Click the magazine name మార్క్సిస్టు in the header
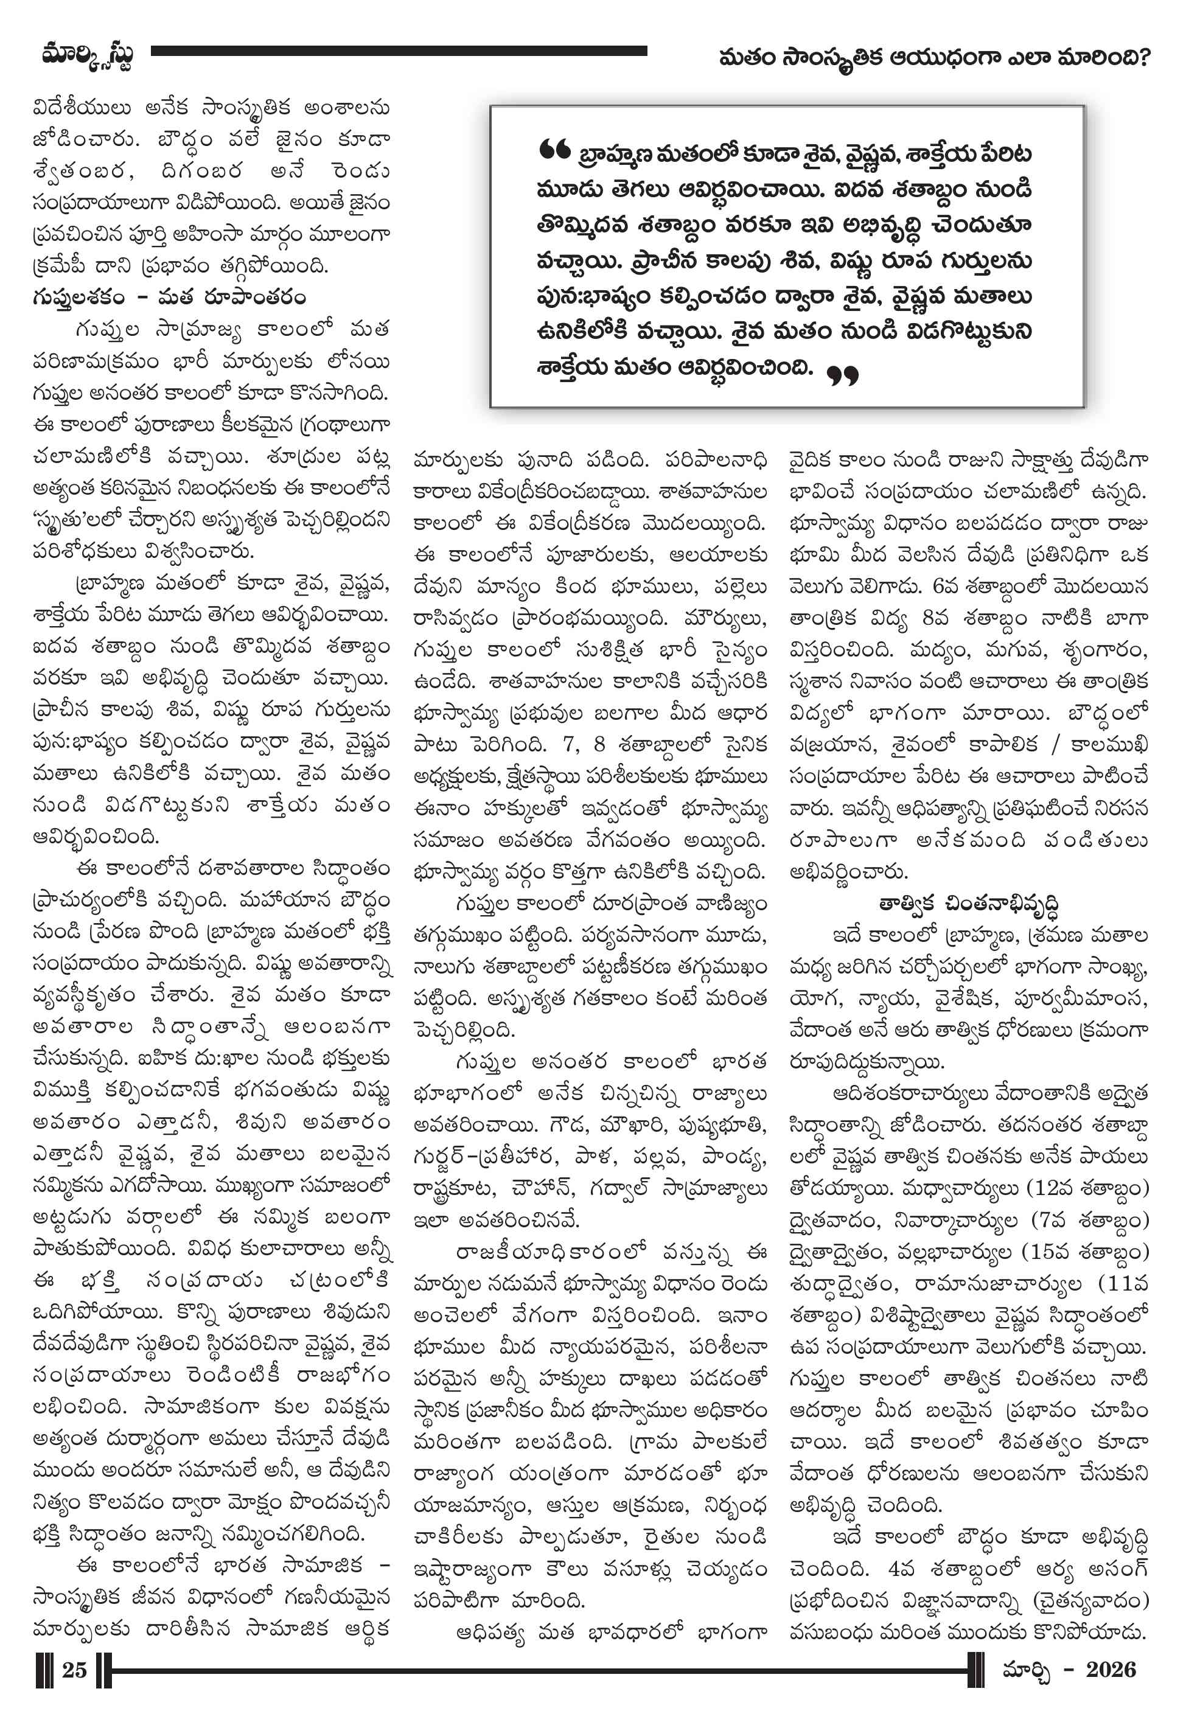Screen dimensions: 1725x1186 (88, 56)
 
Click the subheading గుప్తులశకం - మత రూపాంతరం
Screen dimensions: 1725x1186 (169, 297)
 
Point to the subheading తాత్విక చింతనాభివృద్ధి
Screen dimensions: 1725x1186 (968, 904)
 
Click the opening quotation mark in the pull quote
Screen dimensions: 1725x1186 (555, 151)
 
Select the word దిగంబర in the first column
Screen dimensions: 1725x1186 (201, 171)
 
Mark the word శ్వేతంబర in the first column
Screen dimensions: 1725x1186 (83, 171)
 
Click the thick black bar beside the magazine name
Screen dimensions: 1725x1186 (399, 51)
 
